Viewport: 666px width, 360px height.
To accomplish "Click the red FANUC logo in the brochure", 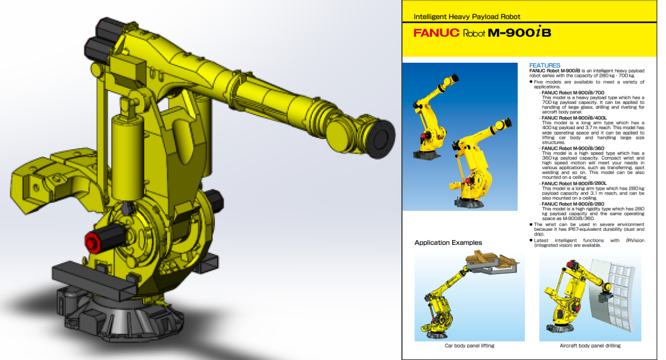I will [436, 33].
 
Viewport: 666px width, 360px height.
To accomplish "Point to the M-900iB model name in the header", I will [519, 33].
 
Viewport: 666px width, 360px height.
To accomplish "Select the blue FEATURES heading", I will [544, 65].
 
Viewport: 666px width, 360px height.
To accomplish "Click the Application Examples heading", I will [448, 243].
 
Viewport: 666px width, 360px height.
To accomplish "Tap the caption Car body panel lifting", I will [469, 345].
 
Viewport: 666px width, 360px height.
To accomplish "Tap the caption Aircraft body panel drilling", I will [590, 345].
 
